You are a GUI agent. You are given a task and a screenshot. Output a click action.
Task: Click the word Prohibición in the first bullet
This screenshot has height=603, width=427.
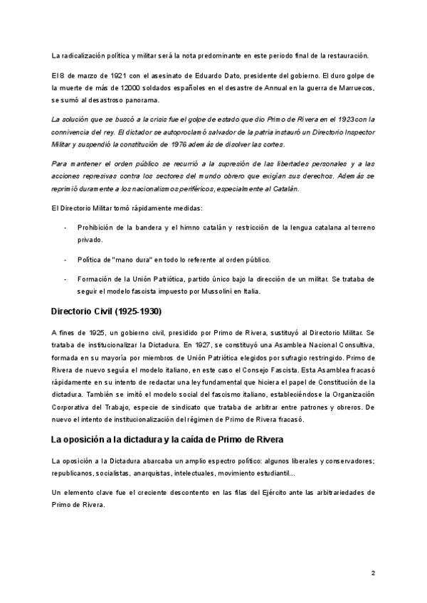pyautogui.click(x=97, y=227)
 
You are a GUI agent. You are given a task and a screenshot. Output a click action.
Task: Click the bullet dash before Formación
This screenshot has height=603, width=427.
pyautogui.click(x=65, y=278)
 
